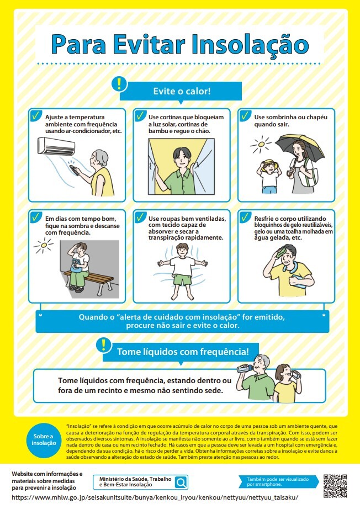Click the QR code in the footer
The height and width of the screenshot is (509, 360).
click(x=335, y=486)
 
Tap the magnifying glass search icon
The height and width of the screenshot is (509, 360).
click(x=181, y=482)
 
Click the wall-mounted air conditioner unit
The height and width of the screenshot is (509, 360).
click(x=56, y=146)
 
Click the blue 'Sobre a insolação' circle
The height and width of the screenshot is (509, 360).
click(x=44, y=440)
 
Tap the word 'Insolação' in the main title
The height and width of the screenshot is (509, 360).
click(x=250, y=45)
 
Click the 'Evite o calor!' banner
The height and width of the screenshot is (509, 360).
click(x=181, y=91)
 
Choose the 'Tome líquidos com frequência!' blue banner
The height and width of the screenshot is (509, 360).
click(x=181, y=352)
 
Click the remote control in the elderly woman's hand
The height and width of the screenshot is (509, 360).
click(x=75, y=171)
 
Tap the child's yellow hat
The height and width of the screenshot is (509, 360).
click(x=268, y=163)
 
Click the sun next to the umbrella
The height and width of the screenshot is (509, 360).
click(x=261, y=145)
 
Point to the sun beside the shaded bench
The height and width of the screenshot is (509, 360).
click(x=44, y=246)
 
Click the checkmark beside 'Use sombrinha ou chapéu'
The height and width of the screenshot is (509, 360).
click(x=245, y=115)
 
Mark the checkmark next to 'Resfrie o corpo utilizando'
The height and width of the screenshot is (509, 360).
click(x=245, y=217)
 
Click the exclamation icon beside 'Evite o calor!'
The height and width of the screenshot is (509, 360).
click(x=119, y=84)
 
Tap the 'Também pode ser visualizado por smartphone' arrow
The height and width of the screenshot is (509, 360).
click(x=278, y=482)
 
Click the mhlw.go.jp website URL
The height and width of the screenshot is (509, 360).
click(x=155, y=497)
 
